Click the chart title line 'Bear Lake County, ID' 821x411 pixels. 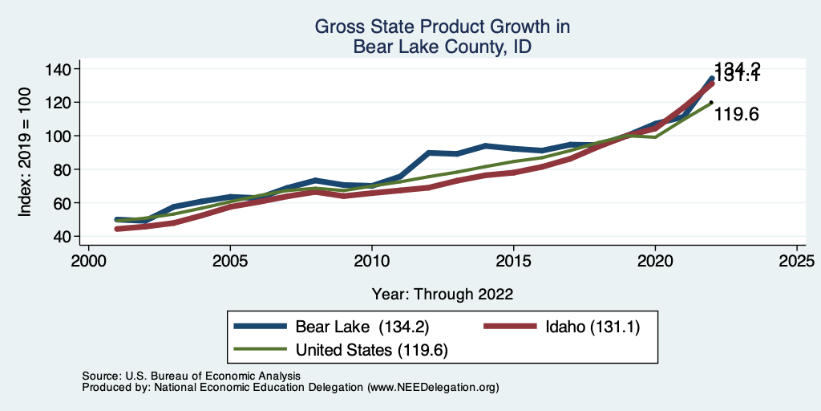click(x=442, y=47)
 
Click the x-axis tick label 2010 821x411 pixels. click(x=372, y=262)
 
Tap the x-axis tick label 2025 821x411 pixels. click(x=797, y=262)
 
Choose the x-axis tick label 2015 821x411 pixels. click(x=513, y=262)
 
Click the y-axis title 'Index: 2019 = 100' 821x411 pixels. click(x=26, y=153)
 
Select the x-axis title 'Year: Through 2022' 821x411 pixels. click(x=443, y=293)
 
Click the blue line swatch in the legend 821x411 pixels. click(x=261, y=327)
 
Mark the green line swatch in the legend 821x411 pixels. click(x=261, y=350)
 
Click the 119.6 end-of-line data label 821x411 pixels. click(x=736, y=114)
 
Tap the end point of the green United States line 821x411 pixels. click(x=711, y=103)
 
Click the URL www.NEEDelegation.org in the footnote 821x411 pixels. click(x=431, y=388)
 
